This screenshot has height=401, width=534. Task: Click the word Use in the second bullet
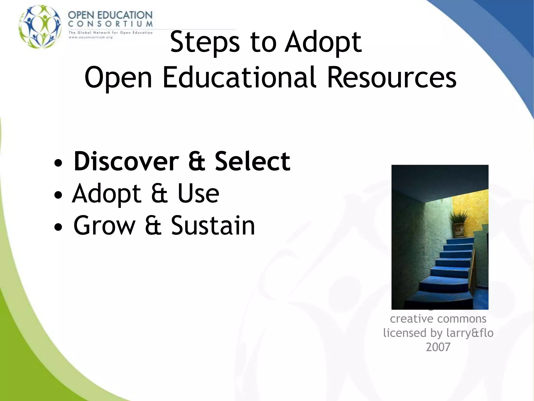pyautogui.click(x=198, y=193)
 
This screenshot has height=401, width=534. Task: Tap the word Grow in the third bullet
pyautogui.click(x=104, y=226)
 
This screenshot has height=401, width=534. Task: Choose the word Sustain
pyautogui.click(x=213, y=226)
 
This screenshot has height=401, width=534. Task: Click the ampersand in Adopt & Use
pyautogui.click(x=159, y=193)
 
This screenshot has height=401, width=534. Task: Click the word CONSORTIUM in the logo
pyautogui.click(x=110, y=24)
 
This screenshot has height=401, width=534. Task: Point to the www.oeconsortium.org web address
pyautogui.click(x=90, y=37)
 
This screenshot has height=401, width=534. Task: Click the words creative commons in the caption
pyautogui.click(x=438, y=319)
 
